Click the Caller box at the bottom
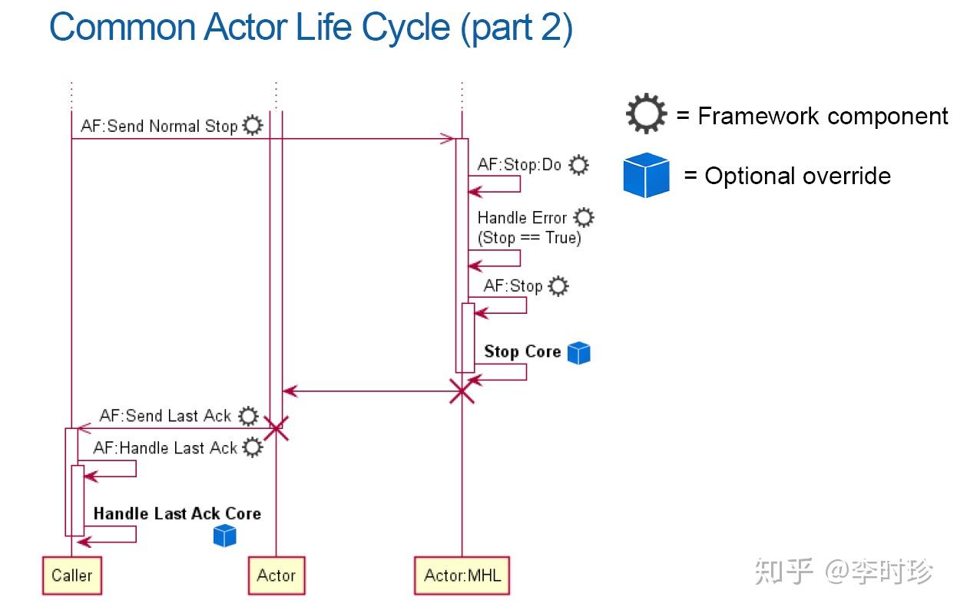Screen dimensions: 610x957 [71, 575]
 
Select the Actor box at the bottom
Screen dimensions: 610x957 [277, 575]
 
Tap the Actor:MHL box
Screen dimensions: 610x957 [462, 575]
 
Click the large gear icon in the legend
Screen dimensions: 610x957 [647, 114]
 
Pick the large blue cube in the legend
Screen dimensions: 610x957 [646, 175]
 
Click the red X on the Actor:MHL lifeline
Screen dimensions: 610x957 [462, 392]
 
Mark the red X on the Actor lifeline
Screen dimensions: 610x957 [276, 429]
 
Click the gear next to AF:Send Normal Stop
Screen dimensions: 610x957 [252, 126]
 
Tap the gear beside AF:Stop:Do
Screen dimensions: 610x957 [579, 164]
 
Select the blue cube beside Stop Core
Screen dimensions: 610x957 [578, 352]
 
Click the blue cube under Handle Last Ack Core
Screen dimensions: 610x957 [224, 535]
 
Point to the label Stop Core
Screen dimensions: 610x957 [522, 351]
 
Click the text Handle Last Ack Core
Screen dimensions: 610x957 [177, 513]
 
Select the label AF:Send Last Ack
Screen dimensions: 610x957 [165, 416]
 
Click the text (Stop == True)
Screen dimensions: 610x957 [529, 238]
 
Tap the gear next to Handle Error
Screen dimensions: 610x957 [584, 218]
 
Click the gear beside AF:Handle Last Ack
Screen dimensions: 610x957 [252, 447]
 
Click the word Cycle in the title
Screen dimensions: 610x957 [406, 28]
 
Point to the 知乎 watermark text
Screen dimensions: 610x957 [783, 572]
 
